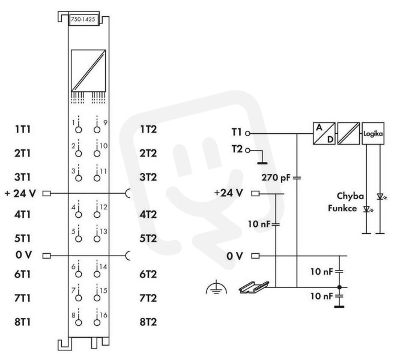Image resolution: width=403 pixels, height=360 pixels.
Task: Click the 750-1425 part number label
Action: [83, 19]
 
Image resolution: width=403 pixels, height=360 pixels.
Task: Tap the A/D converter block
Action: [324, 133]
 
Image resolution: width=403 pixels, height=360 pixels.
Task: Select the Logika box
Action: [373, 133]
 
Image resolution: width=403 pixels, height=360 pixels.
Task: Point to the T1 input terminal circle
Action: [247, 133]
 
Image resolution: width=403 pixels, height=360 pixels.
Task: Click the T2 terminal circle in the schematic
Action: [247, 150]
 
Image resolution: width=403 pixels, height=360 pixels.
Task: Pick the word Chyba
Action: [350, 196]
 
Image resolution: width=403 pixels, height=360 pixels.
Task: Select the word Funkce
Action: [342, 208]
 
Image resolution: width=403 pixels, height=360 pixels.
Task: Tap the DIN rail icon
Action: [254, 287]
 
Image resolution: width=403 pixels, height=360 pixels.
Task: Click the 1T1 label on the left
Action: [23, 129]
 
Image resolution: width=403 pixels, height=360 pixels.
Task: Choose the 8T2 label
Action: [148, 322]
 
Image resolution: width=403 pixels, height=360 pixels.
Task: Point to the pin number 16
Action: [103, 315]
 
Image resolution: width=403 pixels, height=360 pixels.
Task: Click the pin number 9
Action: [105, 123]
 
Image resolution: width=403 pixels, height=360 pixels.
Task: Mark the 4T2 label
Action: [148, 214]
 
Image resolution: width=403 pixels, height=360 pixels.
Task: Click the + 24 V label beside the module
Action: [20, 193]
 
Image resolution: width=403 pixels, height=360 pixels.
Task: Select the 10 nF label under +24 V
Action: [259, 224]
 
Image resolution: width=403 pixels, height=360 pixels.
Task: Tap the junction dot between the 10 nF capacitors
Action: [339, 287]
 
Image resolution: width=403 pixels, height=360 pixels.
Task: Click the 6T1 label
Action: [23, 274]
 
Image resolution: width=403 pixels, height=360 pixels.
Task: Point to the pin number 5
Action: [73, 232]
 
